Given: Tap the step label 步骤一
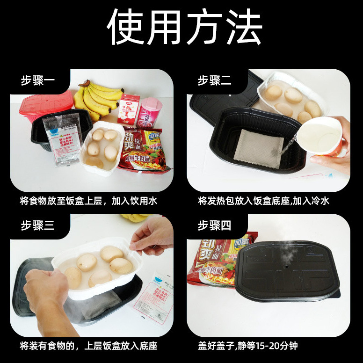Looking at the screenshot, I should (x=38, y=80).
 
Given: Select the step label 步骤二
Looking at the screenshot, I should (x=214, y=80).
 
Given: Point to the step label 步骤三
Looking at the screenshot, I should (x=38, y=225).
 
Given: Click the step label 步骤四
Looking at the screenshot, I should (x=214, y=225).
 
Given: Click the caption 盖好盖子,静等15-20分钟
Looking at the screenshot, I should (x=247, y=346).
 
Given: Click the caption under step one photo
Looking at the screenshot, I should (x=88, y=201).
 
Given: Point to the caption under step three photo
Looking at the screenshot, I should (x=88, y=346).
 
